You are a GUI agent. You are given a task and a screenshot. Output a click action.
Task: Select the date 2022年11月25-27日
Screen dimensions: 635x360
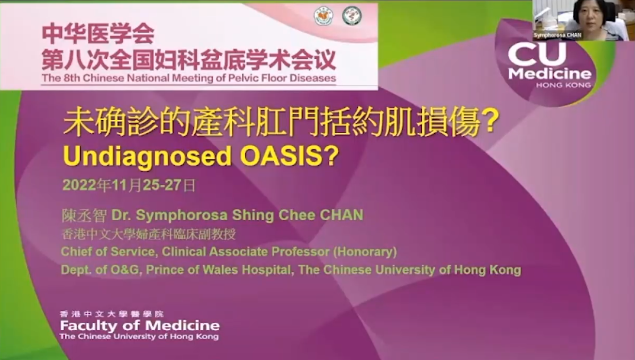(129, 185)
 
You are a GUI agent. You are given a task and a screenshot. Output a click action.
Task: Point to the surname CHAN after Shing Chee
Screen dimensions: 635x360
(341, 215)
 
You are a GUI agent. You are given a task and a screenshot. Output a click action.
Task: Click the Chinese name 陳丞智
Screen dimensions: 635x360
(84, 215)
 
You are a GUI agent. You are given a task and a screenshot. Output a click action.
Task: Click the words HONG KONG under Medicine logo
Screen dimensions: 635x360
(563, 85)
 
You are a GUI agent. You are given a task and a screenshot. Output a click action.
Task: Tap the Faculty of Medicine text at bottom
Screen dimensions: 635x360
(140, 325)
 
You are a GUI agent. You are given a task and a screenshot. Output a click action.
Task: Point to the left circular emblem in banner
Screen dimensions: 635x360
(323, 15)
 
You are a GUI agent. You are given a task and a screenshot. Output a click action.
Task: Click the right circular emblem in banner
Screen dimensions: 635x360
(352, 15)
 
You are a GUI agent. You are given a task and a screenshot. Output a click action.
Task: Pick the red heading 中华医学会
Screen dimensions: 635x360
(98, 33)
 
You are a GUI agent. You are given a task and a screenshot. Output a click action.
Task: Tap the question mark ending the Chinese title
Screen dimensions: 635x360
(491, 121)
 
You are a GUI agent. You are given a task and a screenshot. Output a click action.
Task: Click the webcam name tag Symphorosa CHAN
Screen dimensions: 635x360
(558, 35)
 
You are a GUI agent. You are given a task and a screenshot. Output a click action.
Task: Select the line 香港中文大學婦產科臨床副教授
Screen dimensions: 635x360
(149, 234)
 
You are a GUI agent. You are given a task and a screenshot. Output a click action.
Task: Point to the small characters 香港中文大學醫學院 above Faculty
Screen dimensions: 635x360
(112, 314)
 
